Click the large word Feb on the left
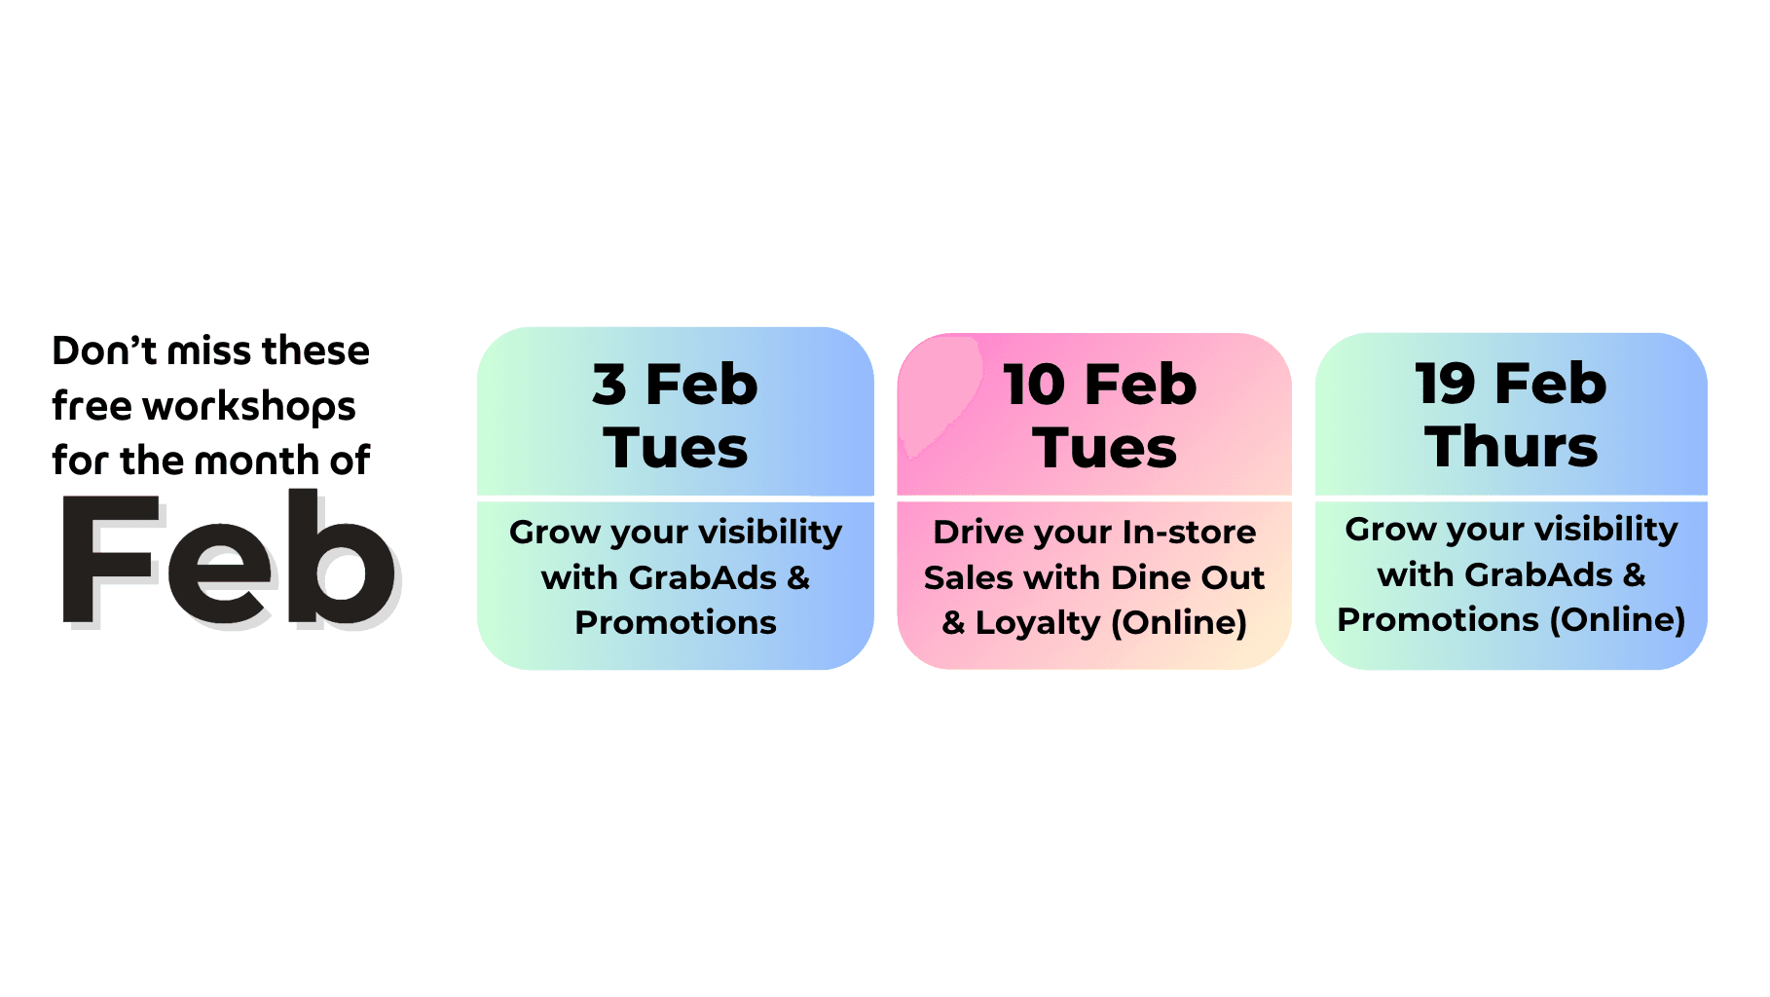point(230,559)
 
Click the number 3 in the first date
point(609,385)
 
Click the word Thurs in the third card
point(1511,447)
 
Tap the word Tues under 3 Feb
point(676,449)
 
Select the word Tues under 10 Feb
point(1105,449)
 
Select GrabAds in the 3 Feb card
point(703,577)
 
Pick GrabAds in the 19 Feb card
point(1539,574)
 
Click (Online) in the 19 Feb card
point(1617,620)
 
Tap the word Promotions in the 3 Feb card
point(676,622)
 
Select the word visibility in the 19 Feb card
point(1607,531)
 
